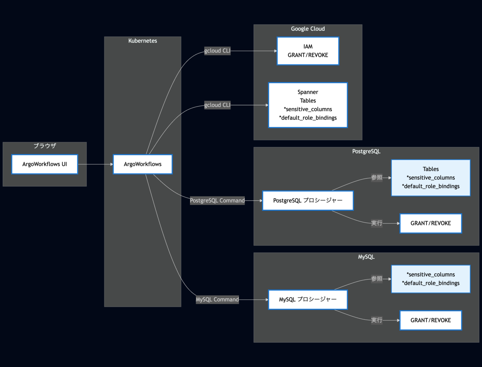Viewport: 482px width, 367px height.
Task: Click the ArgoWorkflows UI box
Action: [45, 164]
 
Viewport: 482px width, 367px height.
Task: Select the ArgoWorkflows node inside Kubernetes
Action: [143, 164]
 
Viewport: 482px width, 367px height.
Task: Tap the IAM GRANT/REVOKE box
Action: [308, 51]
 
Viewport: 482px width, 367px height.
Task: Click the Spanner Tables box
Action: [308, 105]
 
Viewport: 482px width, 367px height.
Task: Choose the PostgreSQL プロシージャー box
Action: [308, 200]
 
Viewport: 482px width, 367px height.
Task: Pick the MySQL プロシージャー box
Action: [308, 299]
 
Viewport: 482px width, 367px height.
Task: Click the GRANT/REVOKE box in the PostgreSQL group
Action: [431, 223]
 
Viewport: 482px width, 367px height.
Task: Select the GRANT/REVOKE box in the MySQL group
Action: [431, 320]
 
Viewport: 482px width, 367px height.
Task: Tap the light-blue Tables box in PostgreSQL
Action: [431, 178]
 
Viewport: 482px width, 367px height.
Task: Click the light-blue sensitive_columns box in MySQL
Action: [431, 279]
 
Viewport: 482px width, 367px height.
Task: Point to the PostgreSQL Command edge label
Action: [217, 200]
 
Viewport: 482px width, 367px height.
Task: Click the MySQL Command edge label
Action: [217, 299]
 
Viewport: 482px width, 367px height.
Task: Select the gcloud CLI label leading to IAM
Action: [217, 51]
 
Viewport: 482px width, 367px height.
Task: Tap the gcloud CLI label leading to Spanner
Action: [217, 105]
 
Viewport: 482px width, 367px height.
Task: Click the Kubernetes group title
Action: [143, 41]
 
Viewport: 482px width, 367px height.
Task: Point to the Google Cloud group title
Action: [308, 29]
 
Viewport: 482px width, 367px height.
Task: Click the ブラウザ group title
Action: [45, 146]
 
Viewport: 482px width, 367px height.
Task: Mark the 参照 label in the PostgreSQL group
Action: [377, 178]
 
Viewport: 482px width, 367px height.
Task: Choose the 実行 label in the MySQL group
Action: [377, 320]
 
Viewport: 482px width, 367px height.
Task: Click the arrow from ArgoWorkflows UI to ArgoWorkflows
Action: [96, 164]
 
